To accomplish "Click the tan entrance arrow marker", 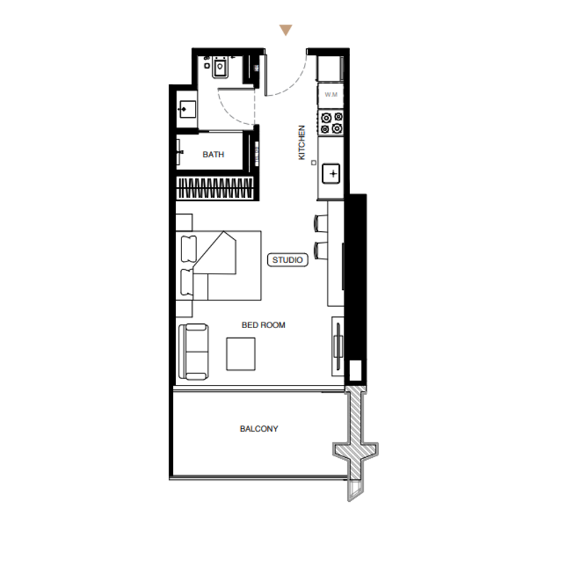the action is coord(286,30).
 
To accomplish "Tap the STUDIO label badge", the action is coord(288,260).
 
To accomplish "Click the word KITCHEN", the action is coord(302,142).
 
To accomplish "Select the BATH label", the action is coord(213,155).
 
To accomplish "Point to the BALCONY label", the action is coord(259,429).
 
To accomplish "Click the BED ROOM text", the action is coord(263,325).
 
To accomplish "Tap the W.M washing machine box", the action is coord(331,95).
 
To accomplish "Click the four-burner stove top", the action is coord(331,123).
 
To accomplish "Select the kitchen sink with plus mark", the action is coord(331,174).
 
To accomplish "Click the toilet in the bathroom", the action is coord(220,67).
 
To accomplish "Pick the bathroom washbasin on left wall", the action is coord(187,109).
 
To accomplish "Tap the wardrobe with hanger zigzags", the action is coord(215,188).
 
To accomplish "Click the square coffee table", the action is coord(241,354).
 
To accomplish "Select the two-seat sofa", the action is coord(193,352).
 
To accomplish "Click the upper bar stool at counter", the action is coord(321,223).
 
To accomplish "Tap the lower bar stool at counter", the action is coord(321,251).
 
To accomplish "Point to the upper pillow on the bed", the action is coord(189,249).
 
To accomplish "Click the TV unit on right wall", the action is coord(338,347).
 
